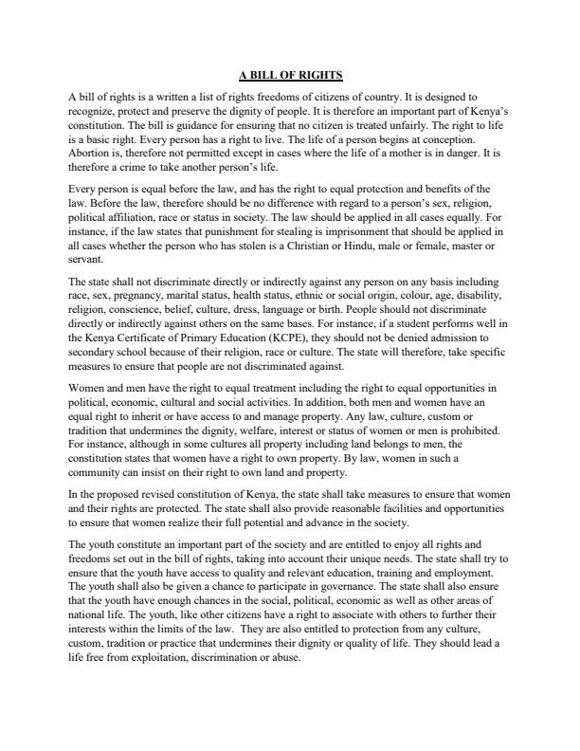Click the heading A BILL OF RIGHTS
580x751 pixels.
click(x=290, y=74)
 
